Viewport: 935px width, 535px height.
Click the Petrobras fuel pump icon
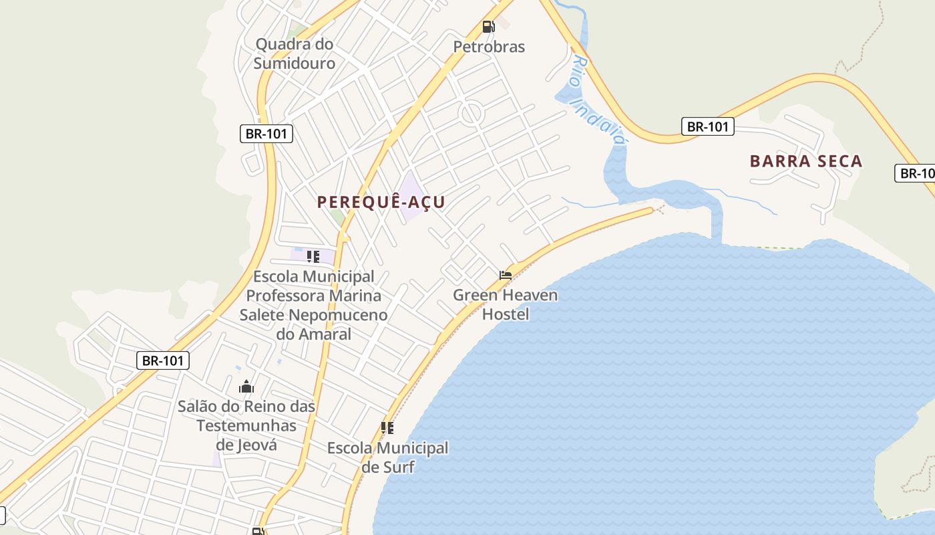click(x=488, y=27)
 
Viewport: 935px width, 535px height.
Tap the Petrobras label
click(x=489, y=47)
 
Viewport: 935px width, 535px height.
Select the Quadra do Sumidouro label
click(x=295, y=53)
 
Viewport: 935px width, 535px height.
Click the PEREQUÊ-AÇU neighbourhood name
click(x=381, y=202)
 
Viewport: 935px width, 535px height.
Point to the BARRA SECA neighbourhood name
click(x=806, y=161)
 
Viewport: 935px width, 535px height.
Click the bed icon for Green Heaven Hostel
click(x=506, y=275)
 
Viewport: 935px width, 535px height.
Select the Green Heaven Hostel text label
click(x=506, y=304)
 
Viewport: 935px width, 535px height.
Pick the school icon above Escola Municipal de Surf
click(x=387, y=428)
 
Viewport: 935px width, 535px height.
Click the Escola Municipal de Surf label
click(x=387, y=457)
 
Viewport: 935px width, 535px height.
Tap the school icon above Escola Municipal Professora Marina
click(x=313, y=256)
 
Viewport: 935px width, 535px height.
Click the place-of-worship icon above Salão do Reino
click(x=246, y=387)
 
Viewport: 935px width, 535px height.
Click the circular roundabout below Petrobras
click(x=472, y=113)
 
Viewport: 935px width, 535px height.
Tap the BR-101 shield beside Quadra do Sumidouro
click(x=266, y=134)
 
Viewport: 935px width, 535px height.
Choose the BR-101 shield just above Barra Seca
click(x=708, y=126)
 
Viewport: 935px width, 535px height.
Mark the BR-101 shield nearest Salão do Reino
click(x=163, y=360)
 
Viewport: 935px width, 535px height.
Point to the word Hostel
click(x=506, y=314)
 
